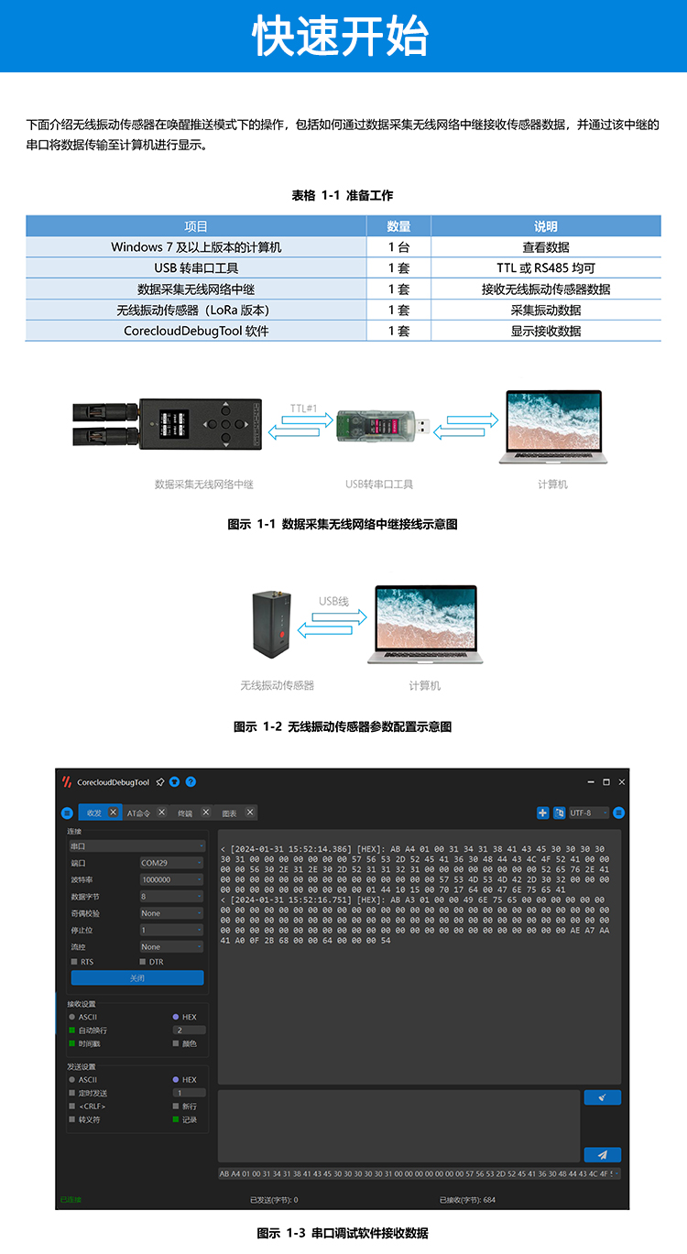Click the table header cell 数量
click(398, 226)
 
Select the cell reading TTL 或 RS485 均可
click(546, 268)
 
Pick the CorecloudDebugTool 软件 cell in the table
click(196, 331)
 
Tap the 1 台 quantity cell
click(398, 247)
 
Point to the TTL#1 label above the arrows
click(303, 408)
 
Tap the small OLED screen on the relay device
click(174, 424)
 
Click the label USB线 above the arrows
click(333, 601)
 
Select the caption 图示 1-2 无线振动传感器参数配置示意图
click(343, 726)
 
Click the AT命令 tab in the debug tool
click(139, 812)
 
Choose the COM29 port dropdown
click(171, 863)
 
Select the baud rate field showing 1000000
click(171, 879)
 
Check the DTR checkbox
click(143, 962)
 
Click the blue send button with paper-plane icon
click(602, 1155)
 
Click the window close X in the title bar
click(622, 782)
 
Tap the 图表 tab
click(229, 812)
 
